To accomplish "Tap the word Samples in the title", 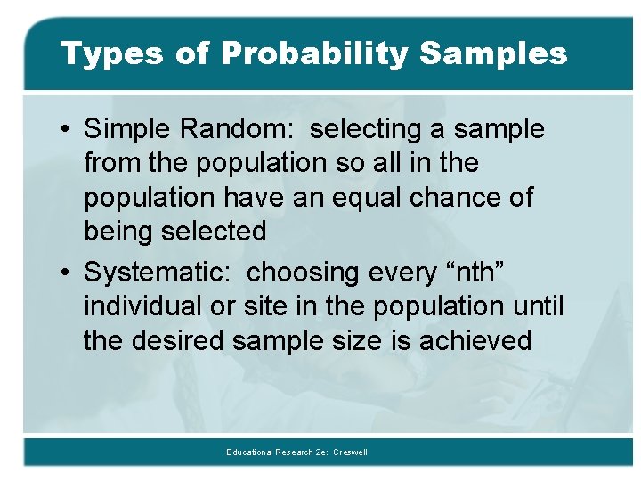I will [492, 53].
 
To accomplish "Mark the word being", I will [119, 232].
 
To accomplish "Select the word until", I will [538, 306].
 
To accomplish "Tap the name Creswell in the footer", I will [350, 452].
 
